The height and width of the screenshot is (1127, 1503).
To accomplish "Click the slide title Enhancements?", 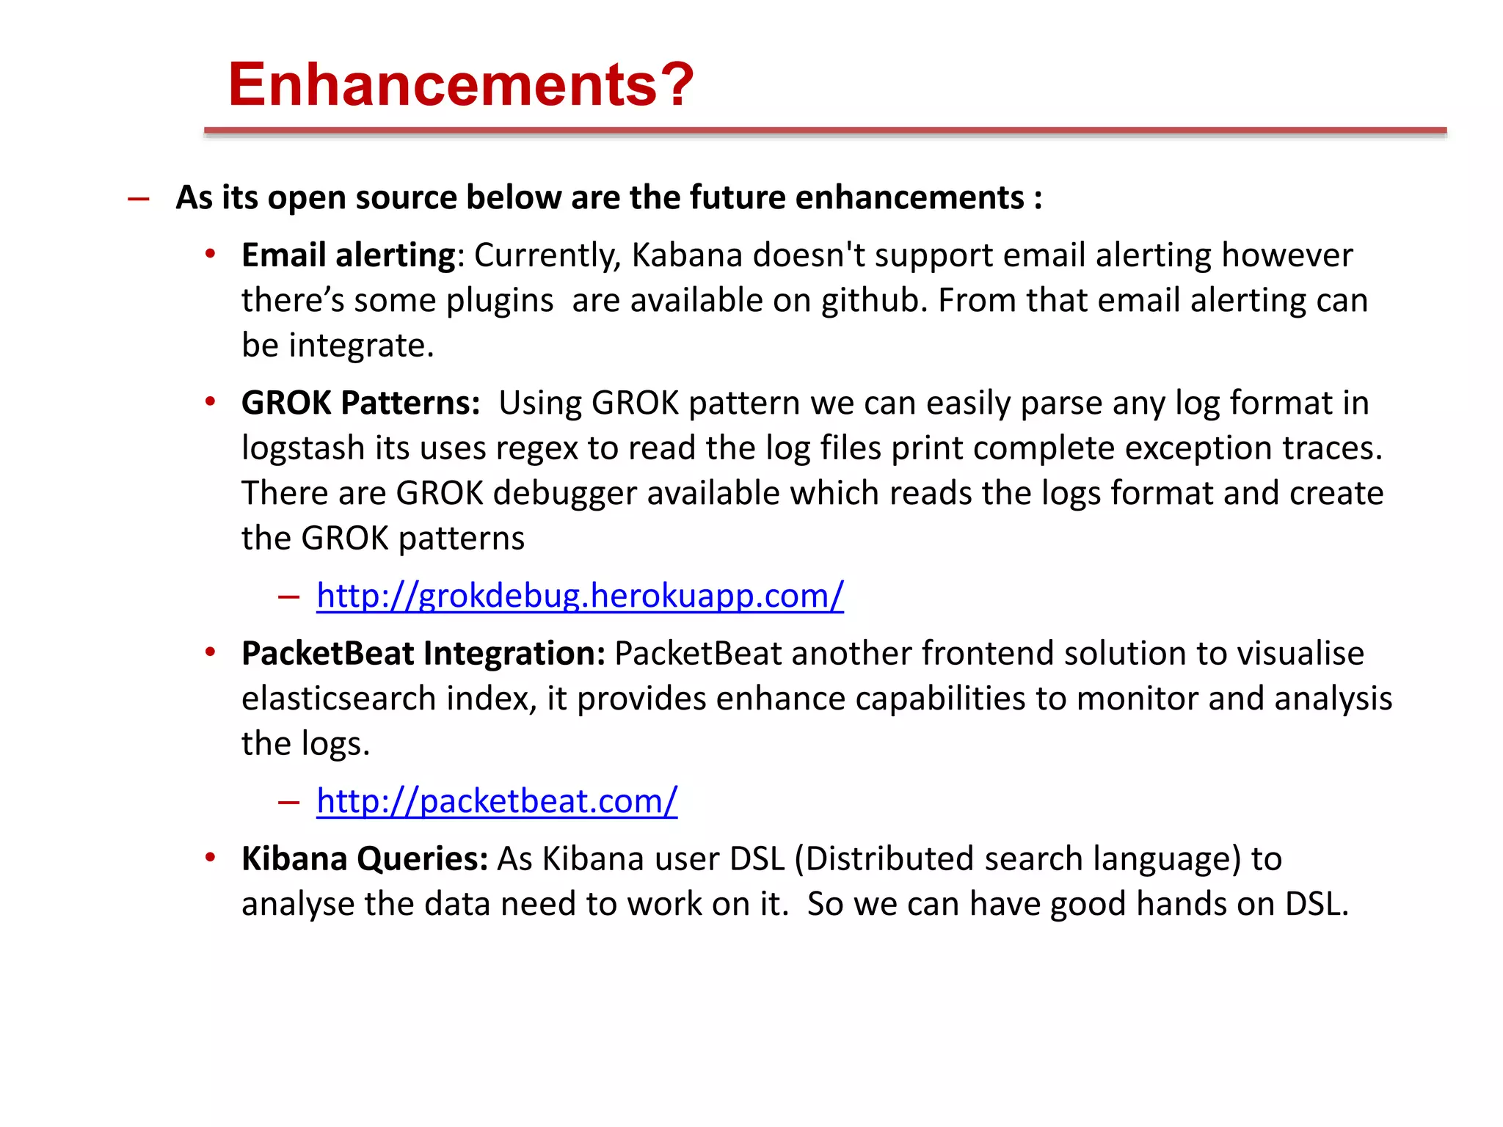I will point(460,84).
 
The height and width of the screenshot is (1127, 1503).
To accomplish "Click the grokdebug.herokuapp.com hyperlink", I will point(580,596).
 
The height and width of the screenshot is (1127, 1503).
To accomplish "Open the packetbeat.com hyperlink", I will point(497,801).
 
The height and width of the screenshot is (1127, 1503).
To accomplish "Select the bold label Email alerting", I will point(349,256).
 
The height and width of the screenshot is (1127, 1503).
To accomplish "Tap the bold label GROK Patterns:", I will point(360,404).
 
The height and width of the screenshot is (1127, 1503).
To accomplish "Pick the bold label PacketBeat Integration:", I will point(423,654).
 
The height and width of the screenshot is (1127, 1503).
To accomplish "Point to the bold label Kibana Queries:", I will point(365,859).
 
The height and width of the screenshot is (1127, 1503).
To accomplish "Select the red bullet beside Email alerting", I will point(211,255).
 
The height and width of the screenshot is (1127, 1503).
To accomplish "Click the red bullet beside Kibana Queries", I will point(211,858).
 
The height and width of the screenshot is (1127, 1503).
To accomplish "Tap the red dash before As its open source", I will point(139,199).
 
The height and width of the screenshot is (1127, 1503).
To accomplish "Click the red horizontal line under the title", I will point(825,131).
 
